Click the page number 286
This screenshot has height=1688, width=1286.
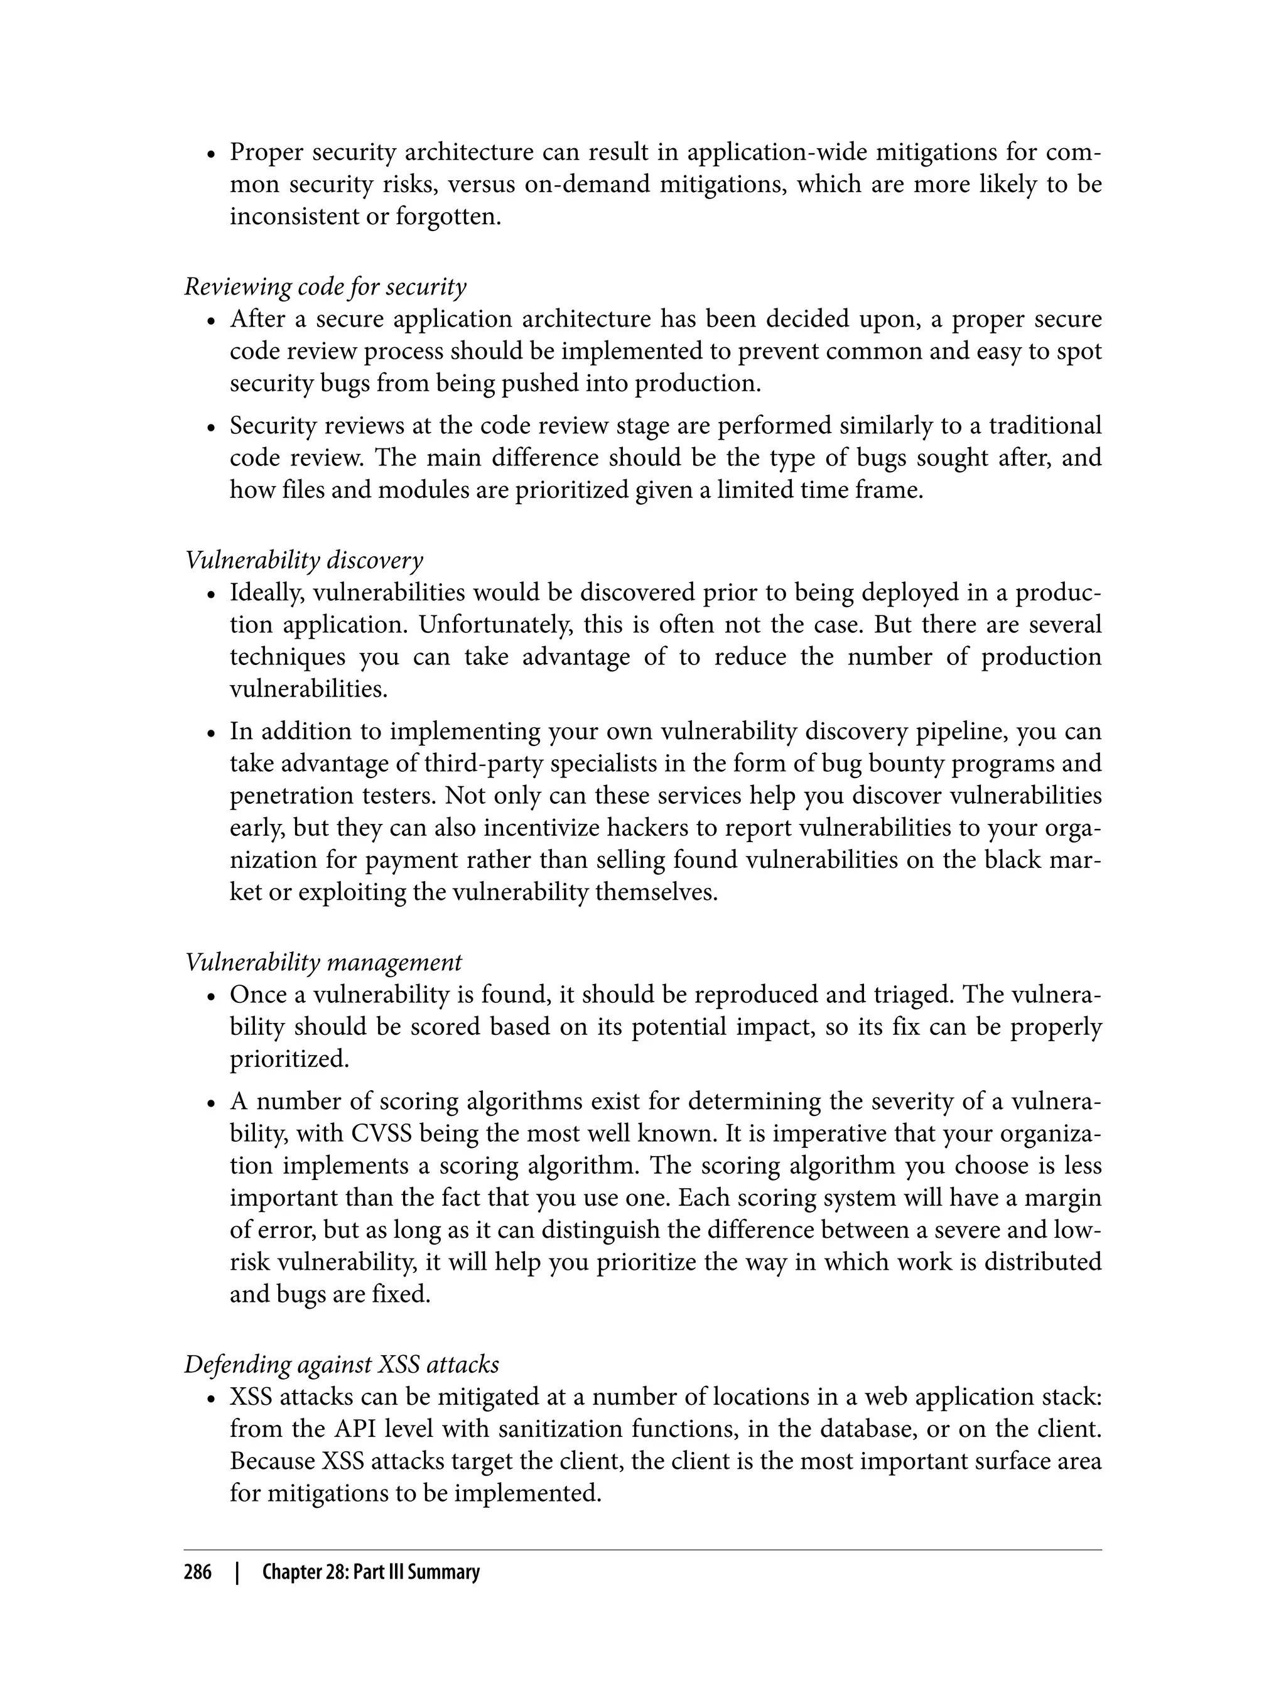tap(198, 1572)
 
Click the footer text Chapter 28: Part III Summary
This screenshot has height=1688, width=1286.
tap(370, 1572)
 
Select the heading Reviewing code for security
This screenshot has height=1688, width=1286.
tap(325, 286)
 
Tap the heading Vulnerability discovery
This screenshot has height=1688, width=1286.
tap(304, 560)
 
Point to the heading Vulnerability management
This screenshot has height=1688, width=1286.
tap(323, 961)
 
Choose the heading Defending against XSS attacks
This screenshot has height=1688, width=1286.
tap(342, 1364)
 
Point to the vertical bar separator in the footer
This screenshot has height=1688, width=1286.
tap(238, 1572)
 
